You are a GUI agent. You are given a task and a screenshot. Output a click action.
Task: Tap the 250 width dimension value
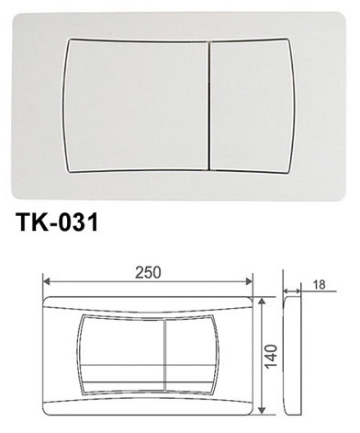click(148, 272)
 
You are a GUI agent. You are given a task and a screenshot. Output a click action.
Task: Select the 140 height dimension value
click(271, 356)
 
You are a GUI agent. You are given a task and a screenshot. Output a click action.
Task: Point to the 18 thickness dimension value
click(320, 285)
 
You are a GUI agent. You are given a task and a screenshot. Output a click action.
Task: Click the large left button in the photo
click(136, 106)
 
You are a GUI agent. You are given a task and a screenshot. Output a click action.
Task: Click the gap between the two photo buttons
click(210, 106)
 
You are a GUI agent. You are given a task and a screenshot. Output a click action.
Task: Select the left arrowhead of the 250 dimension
click(46, 281)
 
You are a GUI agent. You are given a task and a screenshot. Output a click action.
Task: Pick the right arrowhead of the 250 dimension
click(250, 281)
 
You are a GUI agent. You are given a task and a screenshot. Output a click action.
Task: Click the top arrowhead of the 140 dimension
click(261, 302)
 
